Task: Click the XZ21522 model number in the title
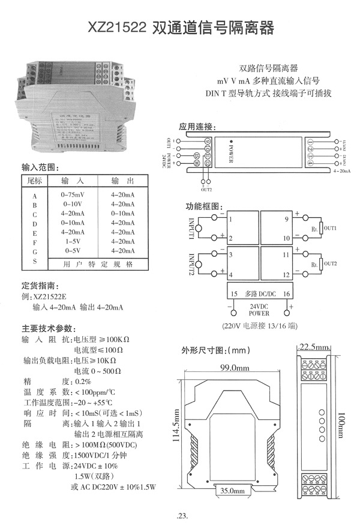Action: click(118, 28)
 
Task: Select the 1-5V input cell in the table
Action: click(73, 241)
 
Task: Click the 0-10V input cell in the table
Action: click(73, 205)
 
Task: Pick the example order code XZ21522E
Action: click(53, 296)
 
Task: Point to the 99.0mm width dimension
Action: click(234, 367)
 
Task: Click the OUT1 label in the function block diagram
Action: click(331, 229)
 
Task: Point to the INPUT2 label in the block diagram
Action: click(191, 263)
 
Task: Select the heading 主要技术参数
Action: click(47, 328)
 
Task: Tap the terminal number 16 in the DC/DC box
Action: click(286, 293)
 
